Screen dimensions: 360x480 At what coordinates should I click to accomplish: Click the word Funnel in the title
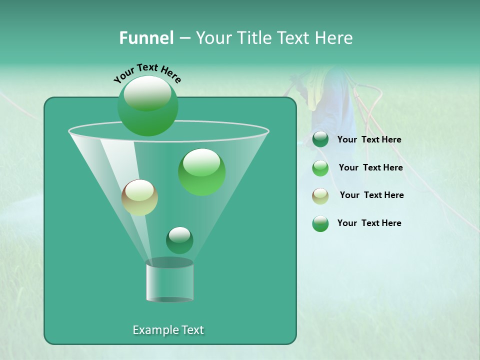[x=146, y=38]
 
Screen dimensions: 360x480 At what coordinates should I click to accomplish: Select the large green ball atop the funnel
[x=147, y=105]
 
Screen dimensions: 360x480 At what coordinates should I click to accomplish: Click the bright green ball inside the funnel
[x=201, y=171]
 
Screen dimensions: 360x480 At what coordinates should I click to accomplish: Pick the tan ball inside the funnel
[x=139, y=197]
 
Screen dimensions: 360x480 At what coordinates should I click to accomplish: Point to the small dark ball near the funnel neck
[x=179, y=240]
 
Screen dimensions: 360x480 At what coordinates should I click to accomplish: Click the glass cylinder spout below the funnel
[x=169, y=281]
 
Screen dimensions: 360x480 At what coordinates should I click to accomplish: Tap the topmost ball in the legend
[x=320, y=139]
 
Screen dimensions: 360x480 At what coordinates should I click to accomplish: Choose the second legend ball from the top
[x=320, y=168]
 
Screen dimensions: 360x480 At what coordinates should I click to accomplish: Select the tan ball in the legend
[x=320, y=196]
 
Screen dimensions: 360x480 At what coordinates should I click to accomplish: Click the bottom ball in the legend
[x=320, y=223]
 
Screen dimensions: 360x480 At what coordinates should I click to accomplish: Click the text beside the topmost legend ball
[x=369, y=140]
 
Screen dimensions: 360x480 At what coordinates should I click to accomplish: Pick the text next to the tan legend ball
[x=371, y=195]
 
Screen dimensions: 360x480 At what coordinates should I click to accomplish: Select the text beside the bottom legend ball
[x=369, y=223]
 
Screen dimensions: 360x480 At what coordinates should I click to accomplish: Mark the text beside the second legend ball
[x=370, y=168]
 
